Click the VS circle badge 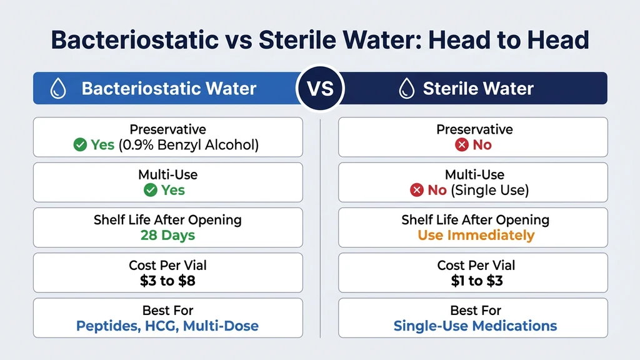pos(320,88)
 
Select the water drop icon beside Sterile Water pos(407,89)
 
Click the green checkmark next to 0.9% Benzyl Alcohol pos(80,145)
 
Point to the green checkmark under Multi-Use pos(151,190)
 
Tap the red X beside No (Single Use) pos(417,190)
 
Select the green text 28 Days pos(167,236)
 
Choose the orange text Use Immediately pos(476,236)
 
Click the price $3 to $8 pos(167,281)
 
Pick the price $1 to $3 pos(476,281)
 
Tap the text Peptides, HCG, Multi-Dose pos(167,326)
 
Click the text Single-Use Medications pos(476,326)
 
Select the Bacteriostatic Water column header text pos(169,89)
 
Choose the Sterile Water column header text pos(478,89)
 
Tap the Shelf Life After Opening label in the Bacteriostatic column pos(167,220)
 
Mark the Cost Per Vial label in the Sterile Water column pos(476,266)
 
